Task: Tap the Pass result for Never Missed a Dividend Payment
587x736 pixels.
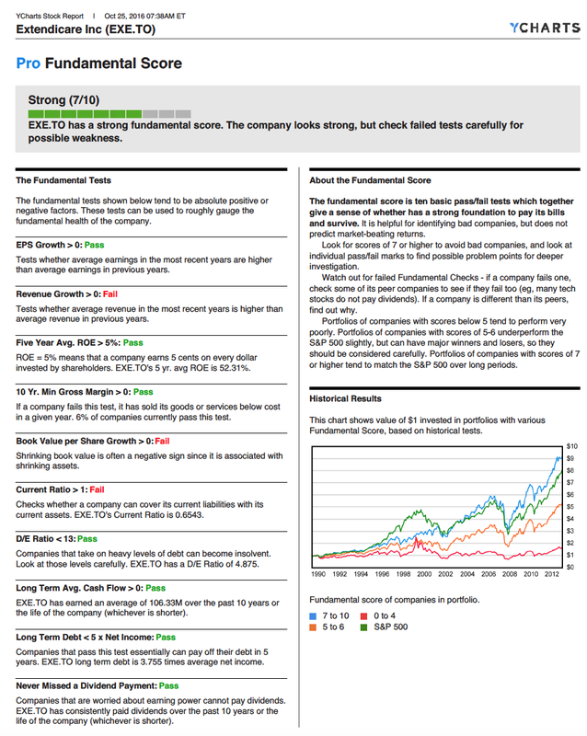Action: tap(168, 685)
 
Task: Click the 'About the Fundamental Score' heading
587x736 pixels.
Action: tap(370, 180)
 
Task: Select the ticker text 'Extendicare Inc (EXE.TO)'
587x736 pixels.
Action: tap(86, 30)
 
